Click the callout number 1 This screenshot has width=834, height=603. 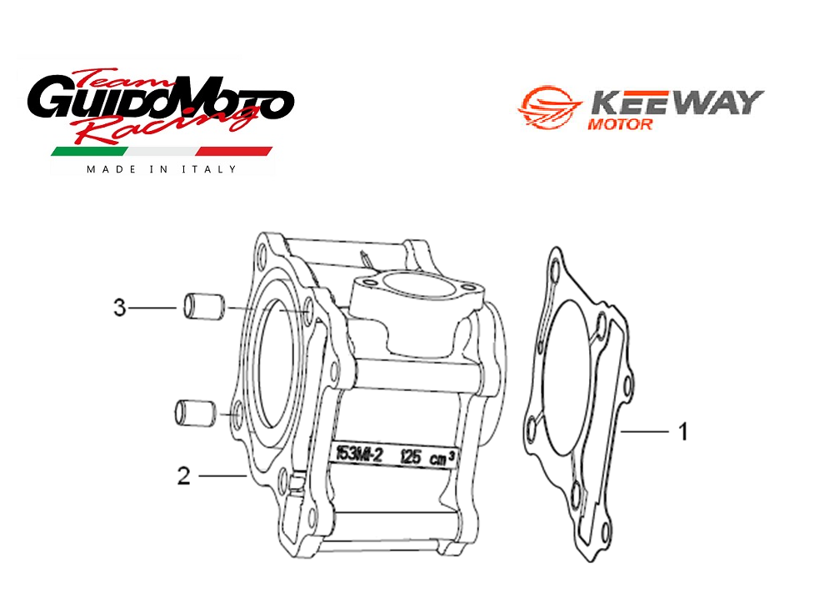point(683,431)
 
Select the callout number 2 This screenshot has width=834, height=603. point(183,475)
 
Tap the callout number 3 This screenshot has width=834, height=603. point(120,308)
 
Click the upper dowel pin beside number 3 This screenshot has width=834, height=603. point(204,307)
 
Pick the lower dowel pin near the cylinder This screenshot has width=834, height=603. point(195,413)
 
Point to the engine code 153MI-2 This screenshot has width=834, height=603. point(360,454)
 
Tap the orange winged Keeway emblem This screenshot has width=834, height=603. point(549,107)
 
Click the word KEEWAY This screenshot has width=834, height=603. point(677,103)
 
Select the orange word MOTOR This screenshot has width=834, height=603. point(620,124)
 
